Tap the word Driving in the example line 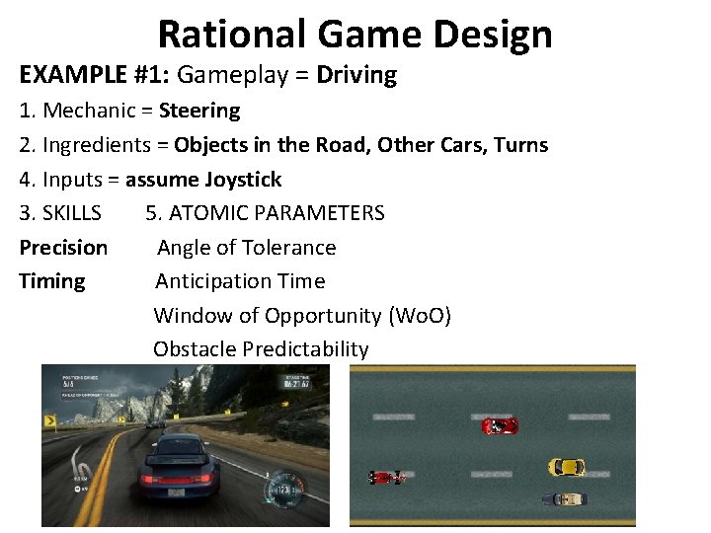[x=356, y=76]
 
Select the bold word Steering [x=199, y=111]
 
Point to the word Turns [x=520, y=145]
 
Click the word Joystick [x=243, y=180]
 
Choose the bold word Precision [x=63, y=248]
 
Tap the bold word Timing [x=52, y=281]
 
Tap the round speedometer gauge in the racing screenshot [x=284, y=491]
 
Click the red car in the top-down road [x=499, y=425]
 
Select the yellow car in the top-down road [x=567, y=466]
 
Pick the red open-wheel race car [x=387, y=478]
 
